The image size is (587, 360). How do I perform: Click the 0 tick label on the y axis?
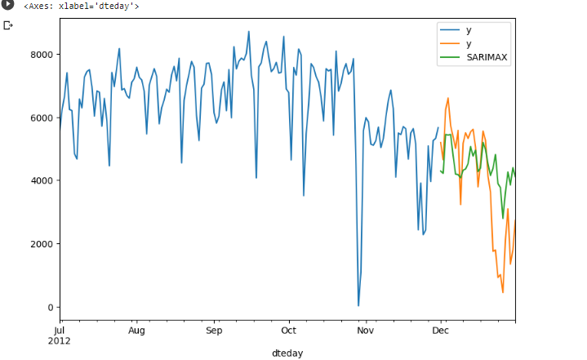[49, 307]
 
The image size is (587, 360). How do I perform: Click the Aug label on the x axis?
[137, 331]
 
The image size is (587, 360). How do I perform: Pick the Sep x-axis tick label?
[214, 331]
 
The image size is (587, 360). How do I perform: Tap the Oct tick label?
[288, 331]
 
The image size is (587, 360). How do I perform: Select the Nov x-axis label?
[365, 331]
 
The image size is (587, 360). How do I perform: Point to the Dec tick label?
[440, 331]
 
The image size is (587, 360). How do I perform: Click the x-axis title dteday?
[287, 353]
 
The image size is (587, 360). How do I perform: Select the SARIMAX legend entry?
[488, 58]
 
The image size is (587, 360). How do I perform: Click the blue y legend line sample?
[450, 30]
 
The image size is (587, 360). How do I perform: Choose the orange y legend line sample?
[450, 44]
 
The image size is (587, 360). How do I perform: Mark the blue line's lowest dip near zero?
[358, 305]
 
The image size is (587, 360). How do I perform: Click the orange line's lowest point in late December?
[503, 292]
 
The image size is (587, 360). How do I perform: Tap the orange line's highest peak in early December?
[447, 99]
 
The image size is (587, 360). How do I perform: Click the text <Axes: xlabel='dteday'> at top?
[81, 7]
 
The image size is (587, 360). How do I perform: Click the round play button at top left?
[8, 5]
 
